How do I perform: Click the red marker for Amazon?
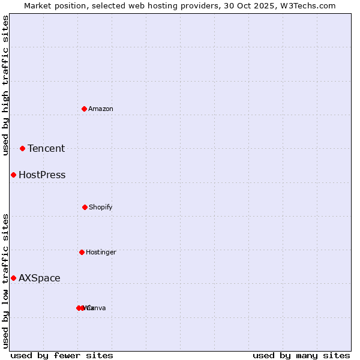84,109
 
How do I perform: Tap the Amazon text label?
101,109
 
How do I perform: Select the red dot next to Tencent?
22,148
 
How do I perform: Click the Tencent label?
46,149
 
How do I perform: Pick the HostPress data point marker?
13,175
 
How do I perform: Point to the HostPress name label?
42,175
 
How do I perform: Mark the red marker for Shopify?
85,207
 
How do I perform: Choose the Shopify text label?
101,207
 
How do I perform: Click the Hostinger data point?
82,252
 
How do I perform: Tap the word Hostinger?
101,252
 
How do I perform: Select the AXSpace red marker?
13,278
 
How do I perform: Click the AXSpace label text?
40,278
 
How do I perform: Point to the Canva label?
97,308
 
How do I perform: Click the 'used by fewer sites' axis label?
62,355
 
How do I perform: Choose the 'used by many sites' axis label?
301,355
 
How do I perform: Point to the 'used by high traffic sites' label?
5,85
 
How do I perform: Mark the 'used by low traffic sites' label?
5,281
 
